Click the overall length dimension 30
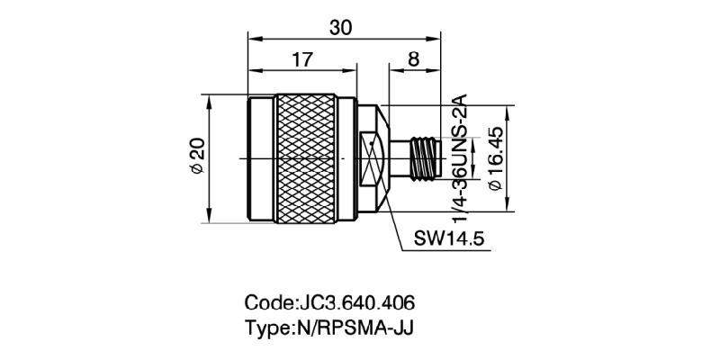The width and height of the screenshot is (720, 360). point(340,28)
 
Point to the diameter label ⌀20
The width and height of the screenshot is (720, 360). point(195,157)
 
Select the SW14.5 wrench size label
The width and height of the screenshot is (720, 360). point(450,239)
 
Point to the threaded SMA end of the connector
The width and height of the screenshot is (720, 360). point(421,157)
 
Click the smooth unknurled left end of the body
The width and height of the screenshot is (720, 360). point(261,157)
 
